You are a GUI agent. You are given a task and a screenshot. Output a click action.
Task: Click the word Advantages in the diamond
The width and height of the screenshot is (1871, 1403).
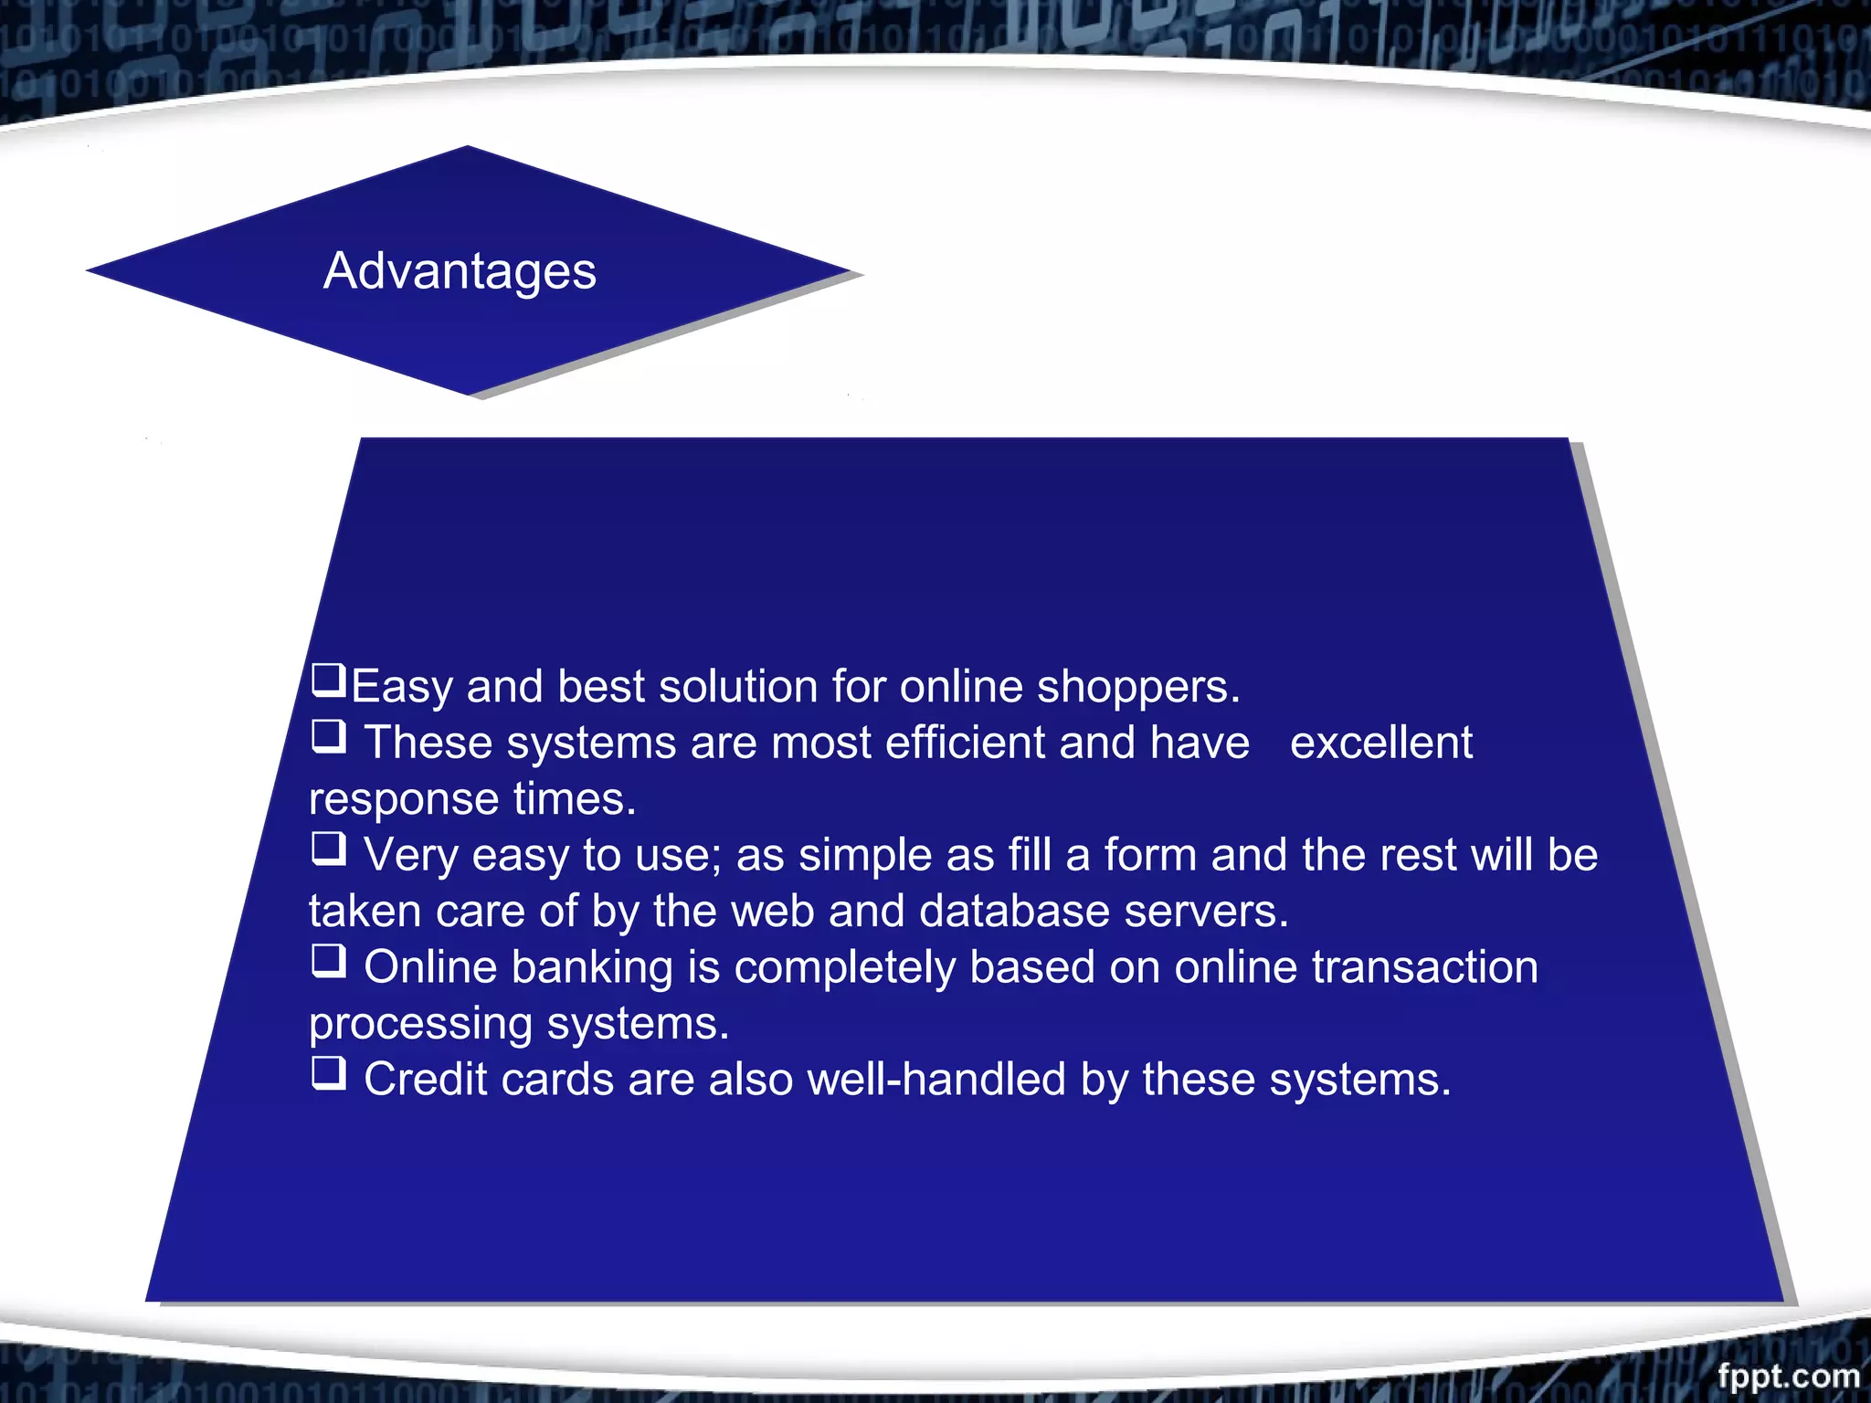tap(460, 271)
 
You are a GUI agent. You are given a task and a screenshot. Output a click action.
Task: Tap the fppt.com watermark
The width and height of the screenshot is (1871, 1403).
tap(1788, 1375)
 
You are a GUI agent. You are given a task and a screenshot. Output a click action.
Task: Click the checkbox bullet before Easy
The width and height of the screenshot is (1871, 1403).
tap(329, 680)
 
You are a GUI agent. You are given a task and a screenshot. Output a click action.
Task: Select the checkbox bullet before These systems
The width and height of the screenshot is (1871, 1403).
tap(329, 736)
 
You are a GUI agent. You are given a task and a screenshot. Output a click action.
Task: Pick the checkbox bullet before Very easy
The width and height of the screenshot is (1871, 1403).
tap(329, 849)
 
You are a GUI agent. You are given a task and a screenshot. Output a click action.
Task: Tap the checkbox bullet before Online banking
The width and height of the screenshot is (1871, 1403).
tap(329, 961)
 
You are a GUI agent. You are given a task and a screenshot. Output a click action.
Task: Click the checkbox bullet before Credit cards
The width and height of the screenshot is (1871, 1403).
tap(329, 1073)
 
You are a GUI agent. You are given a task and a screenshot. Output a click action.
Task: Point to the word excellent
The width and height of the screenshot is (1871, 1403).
tap(1380, 743)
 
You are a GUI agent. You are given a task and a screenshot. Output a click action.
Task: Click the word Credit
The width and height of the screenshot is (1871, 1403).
tap(425, 1080)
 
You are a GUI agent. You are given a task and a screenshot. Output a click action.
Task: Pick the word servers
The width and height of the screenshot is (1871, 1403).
tap(1206, 912)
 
